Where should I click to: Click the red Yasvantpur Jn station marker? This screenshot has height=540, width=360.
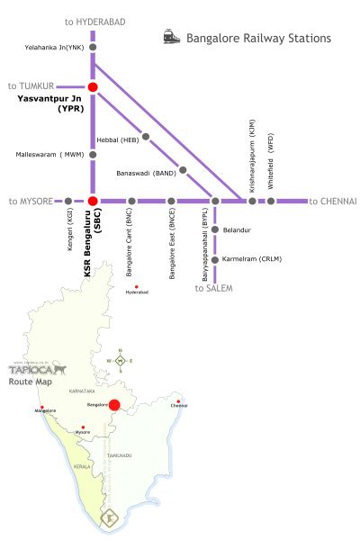(93, 86)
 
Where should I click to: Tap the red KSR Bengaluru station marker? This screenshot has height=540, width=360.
(93, 201)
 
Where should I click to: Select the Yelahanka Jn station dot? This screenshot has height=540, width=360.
(93, 47)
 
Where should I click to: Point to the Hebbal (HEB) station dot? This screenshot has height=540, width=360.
(146, 138)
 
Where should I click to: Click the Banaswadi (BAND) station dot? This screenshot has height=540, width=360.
(184, 169)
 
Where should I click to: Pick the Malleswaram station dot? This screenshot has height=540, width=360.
(93, 154)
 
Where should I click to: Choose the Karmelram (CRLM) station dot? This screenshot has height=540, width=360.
(215, 259)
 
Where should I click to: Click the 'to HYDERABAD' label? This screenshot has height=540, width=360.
(95, 19)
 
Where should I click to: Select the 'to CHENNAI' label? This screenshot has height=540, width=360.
(333, 201)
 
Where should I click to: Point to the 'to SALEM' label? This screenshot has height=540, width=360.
(213, 288)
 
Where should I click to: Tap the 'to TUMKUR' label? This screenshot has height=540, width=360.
(31, 85)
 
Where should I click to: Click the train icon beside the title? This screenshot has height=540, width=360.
(170, 38)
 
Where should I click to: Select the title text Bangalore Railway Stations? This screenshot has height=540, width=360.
(258, 39)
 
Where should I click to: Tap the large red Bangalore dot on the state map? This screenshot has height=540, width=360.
(115, 406)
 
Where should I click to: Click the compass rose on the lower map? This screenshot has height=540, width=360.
(120, 360)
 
